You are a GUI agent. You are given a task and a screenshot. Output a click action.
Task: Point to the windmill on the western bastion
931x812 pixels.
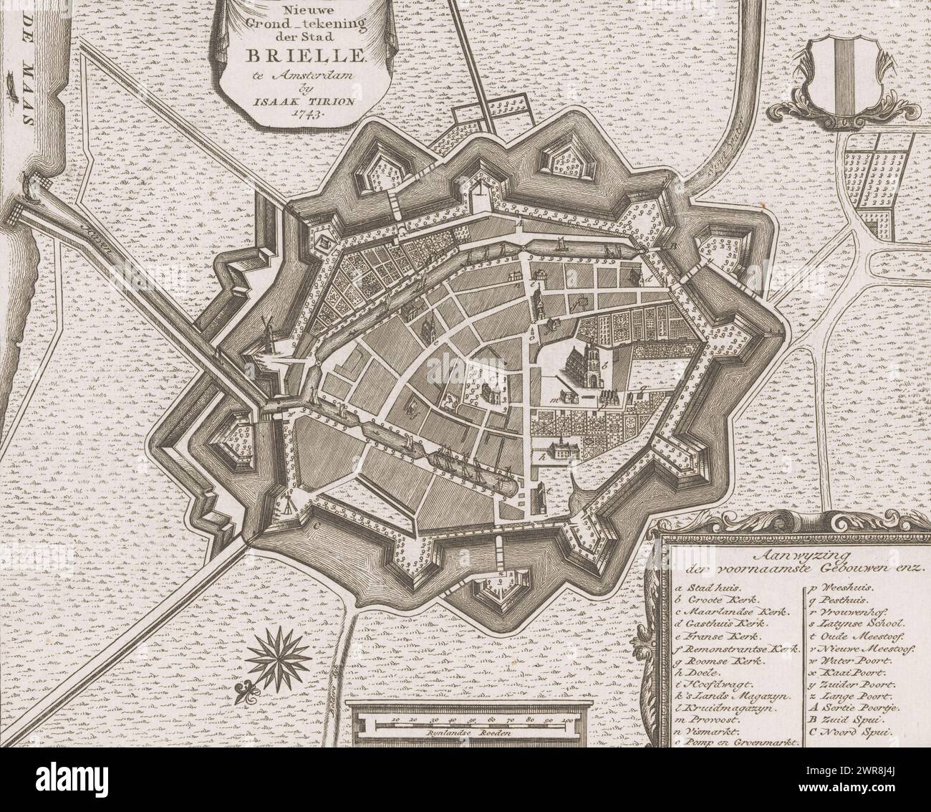270,336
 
